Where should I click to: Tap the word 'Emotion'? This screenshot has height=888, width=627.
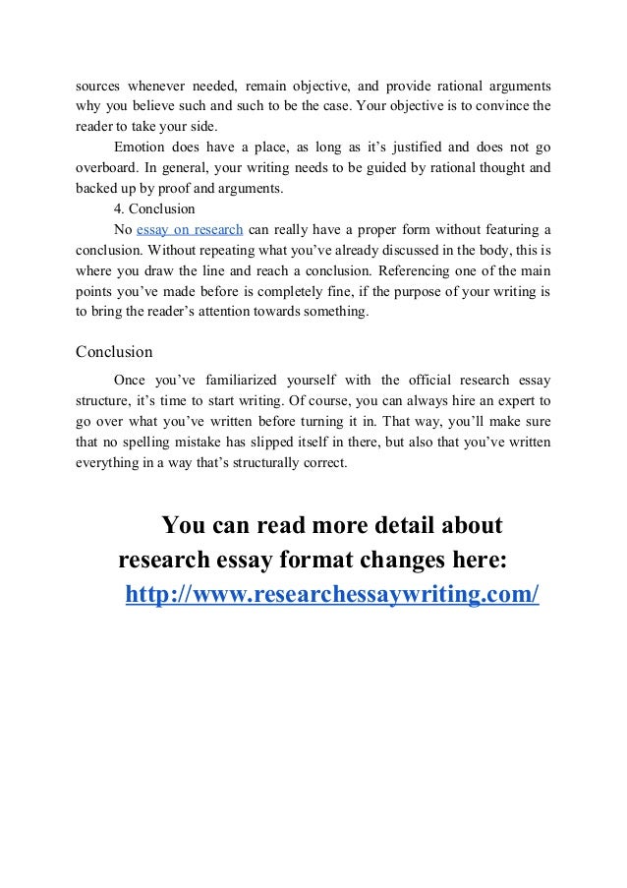141,147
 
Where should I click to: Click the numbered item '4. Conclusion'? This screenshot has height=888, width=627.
154,208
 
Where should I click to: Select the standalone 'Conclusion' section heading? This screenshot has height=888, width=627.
114,351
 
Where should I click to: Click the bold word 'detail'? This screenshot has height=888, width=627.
400,525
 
